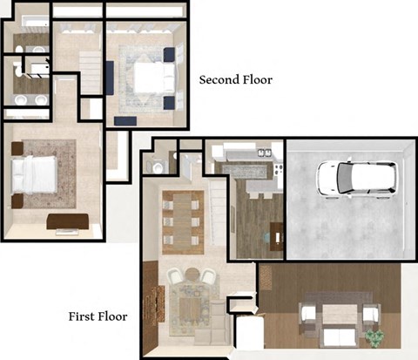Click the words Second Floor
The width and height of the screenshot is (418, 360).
pos(235,80)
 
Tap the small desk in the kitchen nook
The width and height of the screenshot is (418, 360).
pos(276,234)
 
